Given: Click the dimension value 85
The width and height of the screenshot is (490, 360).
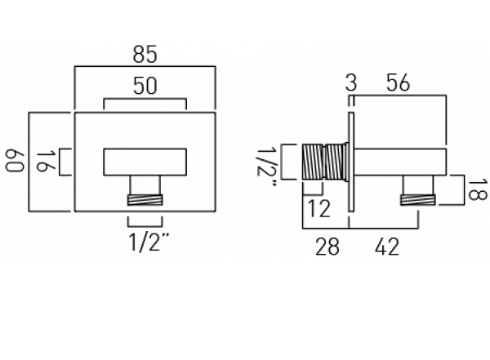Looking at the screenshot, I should tap(145, 56).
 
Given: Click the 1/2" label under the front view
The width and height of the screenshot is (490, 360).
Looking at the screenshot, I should tap(145, 242).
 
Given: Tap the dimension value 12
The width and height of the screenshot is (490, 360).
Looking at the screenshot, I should tap(321, 210).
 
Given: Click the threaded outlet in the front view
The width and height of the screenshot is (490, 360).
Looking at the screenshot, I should tap(145, 198).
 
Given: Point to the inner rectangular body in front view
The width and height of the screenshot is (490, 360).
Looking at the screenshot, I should tap(145, 162).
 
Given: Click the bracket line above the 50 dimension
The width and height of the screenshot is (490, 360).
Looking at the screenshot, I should tap(145, 100).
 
